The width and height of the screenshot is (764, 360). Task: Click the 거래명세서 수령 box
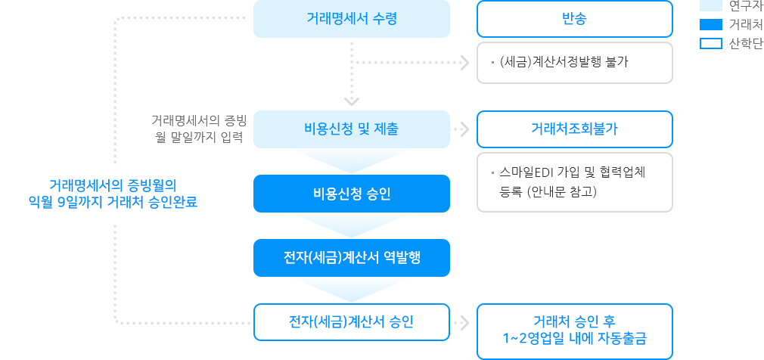coord(351,19)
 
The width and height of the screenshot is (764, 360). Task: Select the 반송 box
coord(574,19)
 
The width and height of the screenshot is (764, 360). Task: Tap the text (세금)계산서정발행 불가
coord(564,62)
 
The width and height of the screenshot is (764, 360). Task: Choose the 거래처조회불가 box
coord(574,129)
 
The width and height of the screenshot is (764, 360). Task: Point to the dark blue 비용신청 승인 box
coord(351,194)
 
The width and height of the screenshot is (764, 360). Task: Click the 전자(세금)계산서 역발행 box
coord(351,257)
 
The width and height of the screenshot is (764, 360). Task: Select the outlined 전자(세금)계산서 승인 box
coord(351,322)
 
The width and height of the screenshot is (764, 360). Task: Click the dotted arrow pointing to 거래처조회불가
coord(460,129)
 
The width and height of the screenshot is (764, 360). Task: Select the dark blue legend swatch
coord(711,24)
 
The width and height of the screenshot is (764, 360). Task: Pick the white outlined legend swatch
coord(711,43)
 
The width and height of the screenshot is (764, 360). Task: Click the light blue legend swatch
coord(711,5)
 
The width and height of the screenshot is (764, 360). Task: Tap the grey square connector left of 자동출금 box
coord(464,322)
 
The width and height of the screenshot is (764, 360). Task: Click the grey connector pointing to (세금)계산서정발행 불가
coord(464,63)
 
